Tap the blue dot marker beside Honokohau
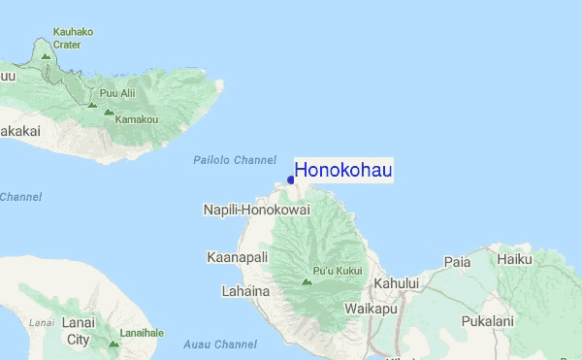(291, 180)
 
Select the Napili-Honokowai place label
(256, 210)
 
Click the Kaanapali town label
(235, 257)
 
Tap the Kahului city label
(395, 282)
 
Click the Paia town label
(457, 262)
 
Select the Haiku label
(515, 259)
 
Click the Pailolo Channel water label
(235, 159)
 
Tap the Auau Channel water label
(220, 344)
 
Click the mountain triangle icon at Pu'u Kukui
(307, 281)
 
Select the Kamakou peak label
(137, 119)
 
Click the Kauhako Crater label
(74, 38)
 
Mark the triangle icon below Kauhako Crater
(46, 55)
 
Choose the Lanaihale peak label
(143, 332)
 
